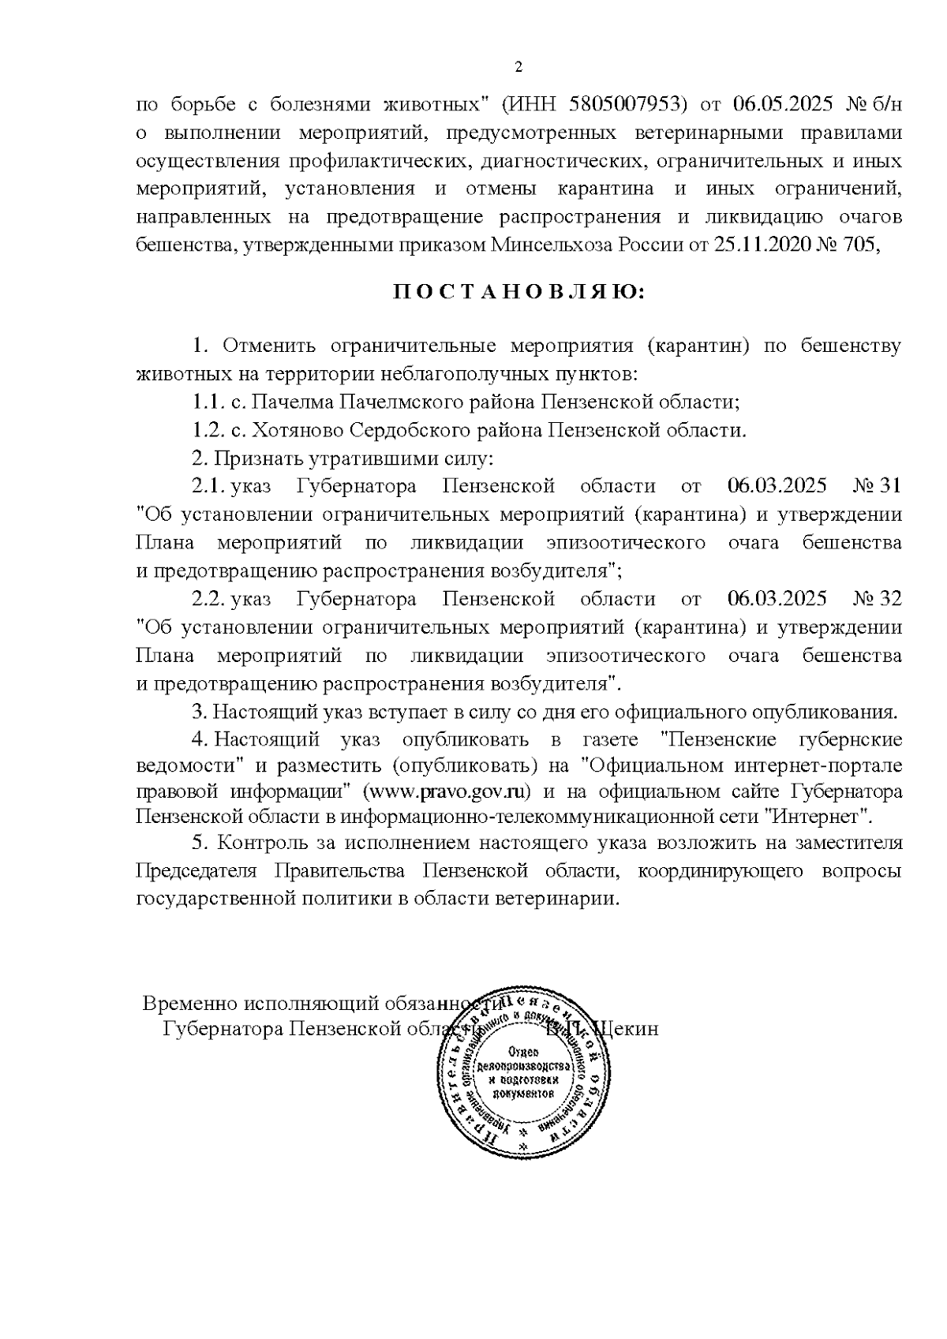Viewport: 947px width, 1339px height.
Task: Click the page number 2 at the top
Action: pos(518,67)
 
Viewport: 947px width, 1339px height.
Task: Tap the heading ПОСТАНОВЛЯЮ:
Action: pos(518,294)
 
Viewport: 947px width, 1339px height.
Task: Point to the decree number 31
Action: pos(889,486)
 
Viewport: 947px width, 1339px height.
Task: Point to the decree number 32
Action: pos(889,599)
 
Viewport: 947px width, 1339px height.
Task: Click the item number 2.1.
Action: pos(209,486)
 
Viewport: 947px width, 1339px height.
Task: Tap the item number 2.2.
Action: pos(209,599)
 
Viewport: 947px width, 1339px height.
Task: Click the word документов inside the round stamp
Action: pos(522,1094)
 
